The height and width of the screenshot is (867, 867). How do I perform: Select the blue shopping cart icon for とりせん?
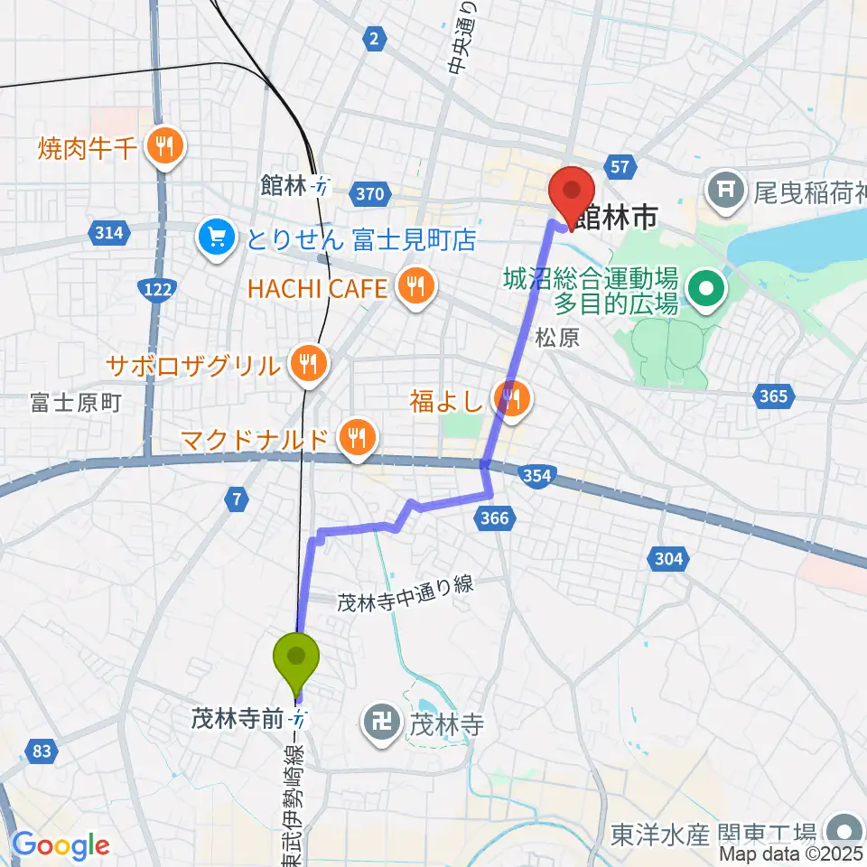click(217, 238)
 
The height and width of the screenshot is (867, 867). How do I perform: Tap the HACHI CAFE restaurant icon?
click(415, 288)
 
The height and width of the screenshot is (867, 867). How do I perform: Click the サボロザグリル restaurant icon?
click(308, 364)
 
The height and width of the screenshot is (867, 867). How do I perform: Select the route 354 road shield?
click(536, 477)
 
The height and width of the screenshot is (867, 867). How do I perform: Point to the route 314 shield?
click(107, 234)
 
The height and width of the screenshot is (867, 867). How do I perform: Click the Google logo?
click(60, 845)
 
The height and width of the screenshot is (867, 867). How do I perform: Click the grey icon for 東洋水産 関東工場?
click(844, 831)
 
